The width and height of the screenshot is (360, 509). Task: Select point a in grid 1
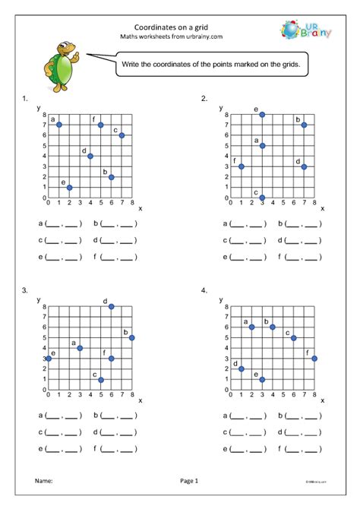pyautogui.click(x=58, y=125)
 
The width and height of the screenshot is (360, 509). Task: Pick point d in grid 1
pyautogui.click(x=90, y=156)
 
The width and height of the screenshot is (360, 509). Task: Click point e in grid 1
pyautogui.click(x=69, y=187)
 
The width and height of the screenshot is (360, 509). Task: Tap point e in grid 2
pyautogui.click(x=262, y=114)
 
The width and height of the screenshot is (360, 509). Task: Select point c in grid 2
pyautogui.click(x=262, y=198)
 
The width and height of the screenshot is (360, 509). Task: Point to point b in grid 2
pyautogui.click(x=304, y=125)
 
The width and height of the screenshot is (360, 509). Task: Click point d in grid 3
pyautogui.click(x=111, y=306)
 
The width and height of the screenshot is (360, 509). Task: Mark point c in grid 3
pyautogui.click(x=100, y=380)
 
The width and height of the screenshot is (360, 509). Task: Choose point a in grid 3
pyautogui.click(x=80, y=348)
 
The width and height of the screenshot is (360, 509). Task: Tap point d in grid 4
pyautogui.click(x=242, y=368)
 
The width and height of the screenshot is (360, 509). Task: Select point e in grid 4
pyautogui.click(x=262, y=379)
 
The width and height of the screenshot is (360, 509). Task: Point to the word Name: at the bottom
pyautogui.click(x=44, y=481)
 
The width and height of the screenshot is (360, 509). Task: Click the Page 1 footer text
pyautogui.click(x=189, y=481)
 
